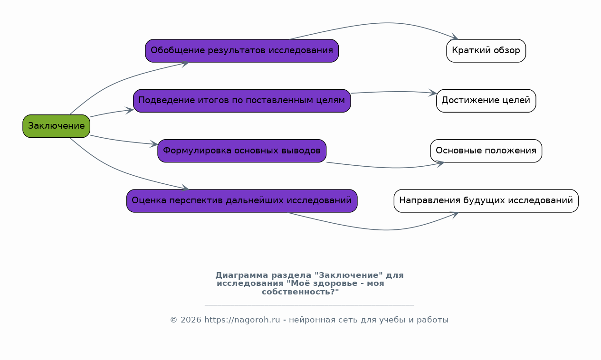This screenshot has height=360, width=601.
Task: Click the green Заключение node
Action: (x=57, y=126)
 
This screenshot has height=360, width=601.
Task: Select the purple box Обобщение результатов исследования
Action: (x=242, y=51)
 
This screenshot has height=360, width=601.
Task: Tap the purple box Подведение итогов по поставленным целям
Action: (x=242, y=101)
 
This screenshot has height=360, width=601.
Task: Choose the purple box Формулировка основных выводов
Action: (x=242, y=151)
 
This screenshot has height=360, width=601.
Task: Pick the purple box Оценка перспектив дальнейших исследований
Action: (x=242, y=201)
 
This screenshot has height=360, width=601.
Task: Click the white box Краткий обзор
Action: (x=486, y=51)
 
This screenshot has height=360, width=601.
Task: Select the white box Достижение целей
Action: (x=486, y=101)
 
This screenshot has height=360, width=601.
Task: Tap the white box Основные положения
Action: (x=486, y=151)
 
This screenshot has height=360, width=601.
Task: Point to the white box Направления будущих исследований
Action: (x=486, y=201)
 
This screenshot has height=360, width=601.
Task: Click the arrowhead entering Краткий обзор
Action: (x=455, y=37)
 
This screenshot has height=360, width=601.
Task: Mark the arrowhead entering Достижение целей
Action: (x=432, y=93)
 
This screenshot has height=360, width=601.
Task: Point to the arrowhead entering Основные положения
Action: (x=440, y=163)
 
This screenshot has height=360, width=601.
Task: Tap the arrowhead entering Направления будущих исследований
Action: (x=455, y=215)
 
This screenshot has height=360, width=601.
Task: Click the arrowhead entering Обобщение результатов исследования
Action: (x=185, y=64)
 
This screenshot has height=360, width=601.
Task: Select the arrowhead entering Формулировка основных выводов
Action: (x=154, y=144)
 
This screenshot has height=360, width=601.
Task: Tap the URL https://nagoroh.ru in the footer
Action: (x=242, y=320)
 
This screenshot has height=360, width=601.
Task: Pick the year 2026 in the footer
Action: (x=191, y=320)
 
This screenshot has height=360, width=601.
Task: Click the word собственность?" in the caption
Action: (x=300, y=292)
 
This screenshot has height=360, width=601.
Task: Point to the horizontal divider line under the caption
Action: (x=309, y=305)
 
